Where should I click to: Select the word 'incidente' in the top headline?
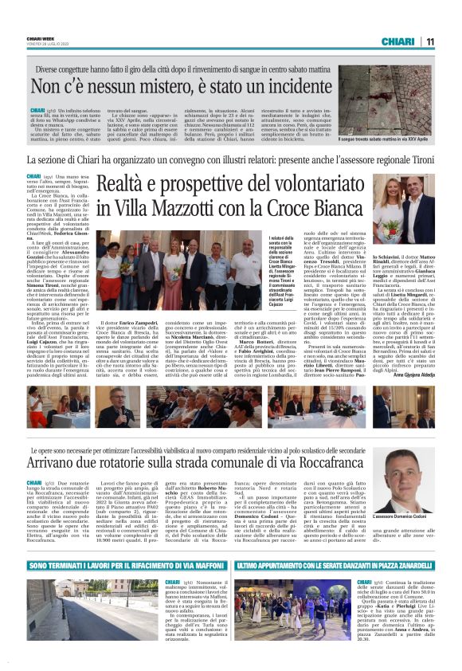click(280, 85)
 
